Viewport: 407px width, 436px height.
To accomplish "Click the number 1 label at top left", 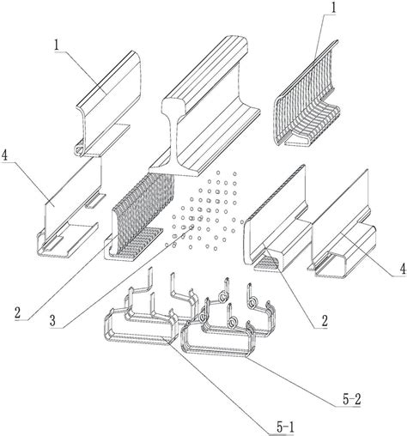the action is [57, 45].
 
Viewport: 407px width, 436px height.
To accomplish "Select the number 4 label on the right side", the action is [403, 269].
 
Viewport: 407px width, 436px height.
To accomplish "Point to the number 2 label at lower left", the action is [18, 312].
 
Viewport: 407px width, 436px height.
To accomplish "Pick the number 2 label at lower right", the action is [324, 321].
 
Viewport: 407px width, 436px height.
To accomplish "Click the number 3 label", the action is [52, 321].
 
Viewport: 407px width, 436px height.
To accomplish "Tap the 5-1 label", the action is [285, 427].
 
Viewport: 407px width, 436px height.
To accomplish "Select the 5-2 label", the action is [351, 399].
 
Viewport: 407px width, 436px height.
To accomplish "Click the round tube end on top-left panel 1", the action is [78, 148].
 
